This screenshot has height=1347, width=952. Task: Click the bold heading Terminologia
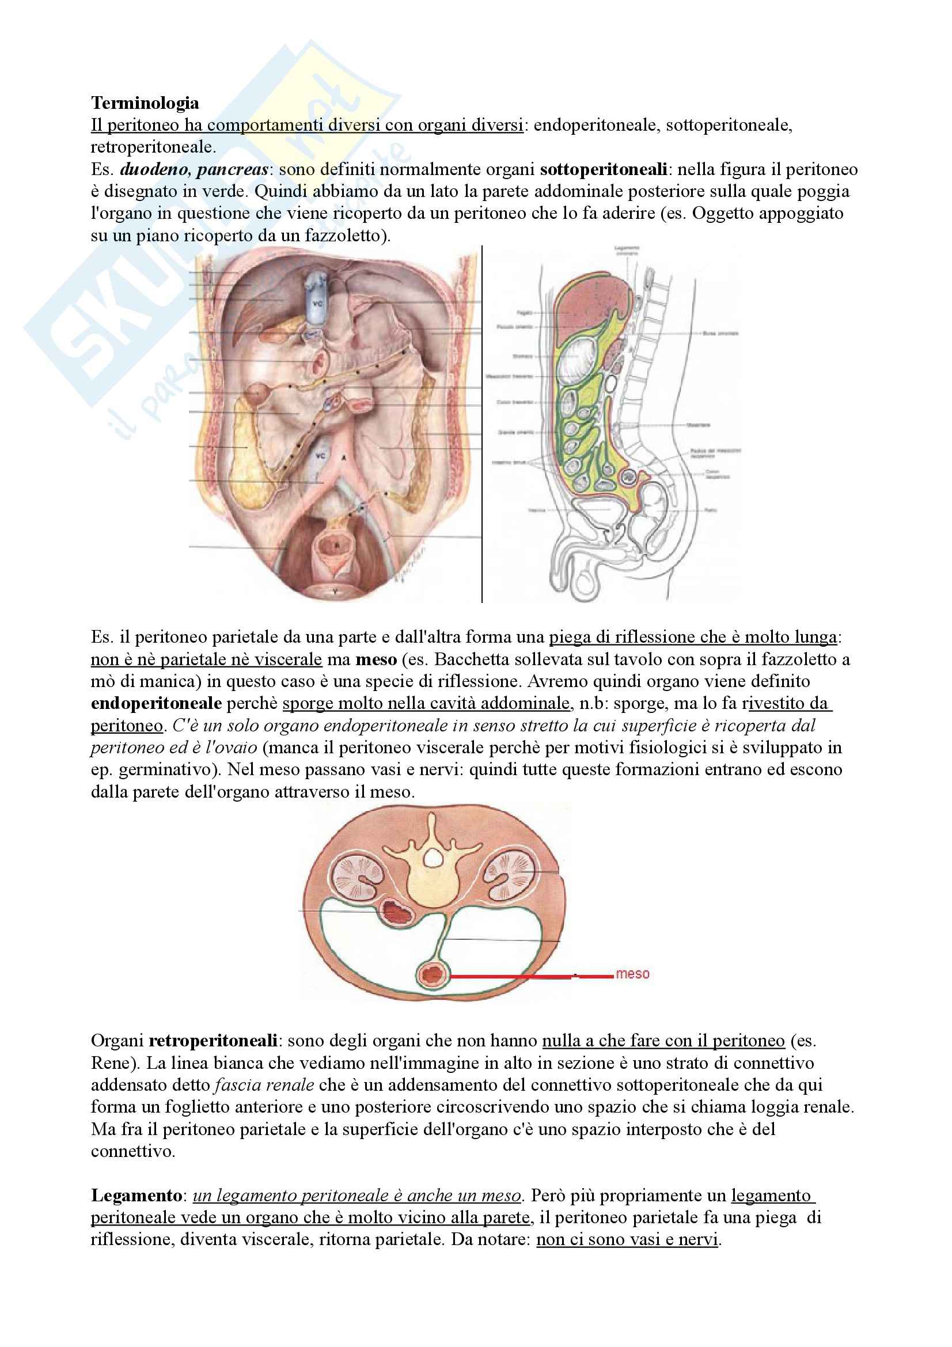(145, 103)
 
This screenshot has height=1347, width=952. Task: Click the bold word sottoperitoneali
(603, 169)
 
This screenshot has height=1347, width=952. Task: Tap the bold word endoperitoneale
(156, 703)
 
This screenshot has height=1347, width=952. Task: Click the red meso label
(632, 974)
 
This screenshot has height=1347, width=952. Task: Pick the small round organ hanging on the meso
(433, 975)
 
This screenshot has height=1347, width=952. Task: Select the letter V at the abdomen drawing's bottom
(336, 593)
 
